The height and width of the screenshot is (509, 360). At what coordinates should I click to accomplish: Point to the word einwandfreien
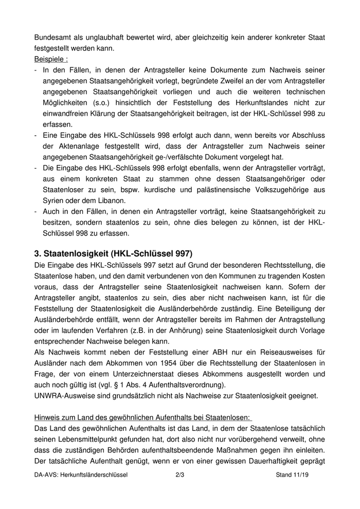click(x=67, y=113)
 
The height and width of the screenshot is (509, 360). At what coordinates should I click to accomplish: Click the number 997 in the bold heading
click(x=181, y=253)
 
